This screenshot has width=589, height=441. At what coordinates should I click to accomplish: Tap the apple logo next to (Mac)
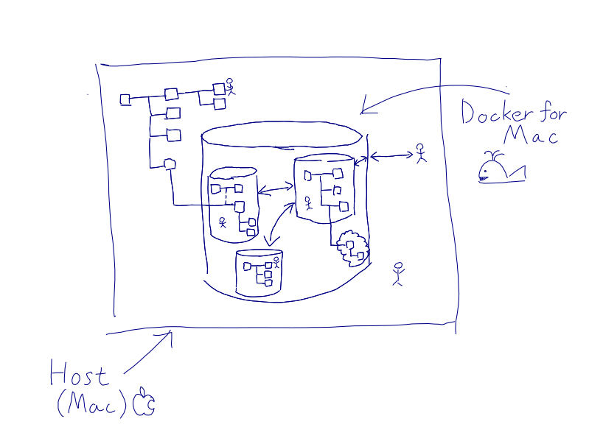(x=144, y=402)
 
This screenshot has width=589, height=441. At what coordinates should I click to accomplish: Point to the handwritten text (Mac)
(x=92, y=404)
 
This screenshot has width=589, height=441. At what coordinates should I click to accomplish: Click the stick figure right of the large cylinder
(x=420, y=152)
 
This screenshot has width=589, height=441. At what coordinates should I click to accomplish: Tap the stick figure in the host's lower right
(x=398, y=273)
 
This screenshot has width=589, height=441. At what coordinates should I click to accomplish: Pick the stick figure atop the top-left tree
(x=230, y=86)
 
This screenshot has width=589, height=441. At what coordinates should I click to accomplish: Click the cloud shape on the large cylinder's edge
(x=351, y=247)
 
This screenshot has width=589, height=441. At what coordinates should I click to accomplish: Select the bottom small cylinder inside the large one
(x=259, y=272)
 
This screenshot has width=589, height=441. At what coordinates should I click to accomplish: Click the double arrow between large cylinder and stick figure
(x=391, y=155)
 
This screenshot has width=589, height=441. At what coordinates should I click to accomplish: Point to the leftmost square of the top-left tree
(x=125, y=99)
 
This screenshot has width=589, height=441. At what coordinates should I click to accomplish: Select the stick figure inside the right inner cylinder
(x=308, y=202)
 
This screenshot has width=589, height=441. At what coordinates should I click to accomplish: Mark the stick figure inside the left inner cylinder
(x=222, y=222)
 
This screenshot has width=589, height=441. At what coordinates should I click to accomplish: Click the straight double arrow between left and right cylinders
(x=276, y=190)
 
